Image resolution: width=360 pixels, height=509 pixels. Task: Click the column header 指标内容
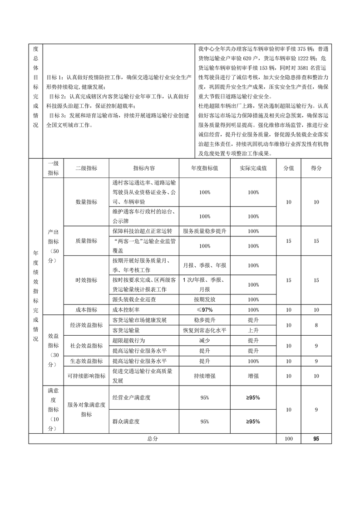pyautogui.click(x=144, y=168)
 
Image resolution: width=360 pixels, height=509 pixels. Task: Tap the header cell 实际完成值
pyautogui.click(x=253, y=168)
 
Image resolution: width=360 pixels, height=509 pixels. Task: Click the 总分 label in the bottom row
pyautogui.click(x=153, y=439)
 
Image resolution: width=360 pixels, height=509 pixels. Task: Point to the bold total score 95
pyautogui.click(x=316, y=439)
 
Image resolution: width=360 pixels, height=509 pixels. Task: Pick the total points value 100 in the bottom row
pyautogui.click(x=289, y=439)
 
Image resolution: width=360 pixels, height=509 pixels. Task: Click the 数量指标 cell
pyautogui.click(x=86, y=202)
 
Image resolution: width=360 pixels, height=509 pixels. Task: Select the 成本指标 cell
pyautogui.click(x=86, y=310)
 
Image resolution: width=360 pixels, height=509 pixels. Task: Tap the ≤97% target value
pyautogui.click(x=204, y=310)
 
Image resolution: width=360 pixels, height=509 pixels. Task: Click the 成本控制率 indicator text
pyautogui.click(x=127, y=310)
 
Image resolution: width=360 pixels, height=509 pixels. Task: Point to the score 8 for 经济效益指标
pyautogui.click(x=316, y=325)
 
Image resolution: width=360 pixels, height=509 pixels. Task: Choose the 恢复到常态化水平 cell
pyautogui.click(x=204, y=330)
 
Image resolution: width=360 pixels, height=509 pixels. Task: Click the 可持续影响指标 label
pyautogui.click(x=86, y=376)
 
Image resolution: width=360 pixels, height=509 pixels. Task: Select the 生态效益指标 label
pyautogui.click(x=86, y=361)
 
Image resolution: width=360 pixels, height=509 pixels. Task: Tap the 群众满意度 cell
pyautogui.click(x=126, y=421)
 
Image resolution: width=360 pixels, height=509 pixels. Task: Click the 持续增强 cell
pyautogui.click(x=204, y=376)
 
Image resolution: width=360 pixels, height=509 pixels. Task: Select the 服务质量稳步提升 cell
pyautogui.click(x=204, y=231)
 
